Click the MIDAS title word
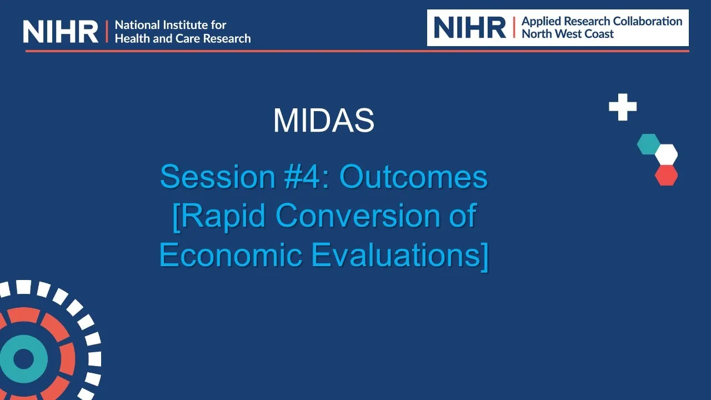(x=324, y=121)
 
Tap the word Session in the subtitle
(x=218, y=177)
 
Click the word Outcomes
(x=414, y=177)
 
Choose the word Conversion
(x=358, y=216)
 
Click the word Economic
(x=231, y=254)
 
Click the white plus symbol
(x=623, y=107)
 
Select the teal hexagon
(x=648, y=144)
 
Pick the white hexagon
(x=666, y=154)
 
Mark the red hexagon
(x=666, y=175)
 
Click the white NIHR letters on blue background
(x=61, y=32)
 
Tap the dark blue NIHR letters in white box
(x=470, y=27)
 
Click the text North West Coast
(x=568, y=34)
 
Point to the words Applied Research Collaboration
(x=602, y=21)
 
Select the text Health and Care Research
(x=183, y=39)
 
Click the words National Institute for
(x=171, y=25)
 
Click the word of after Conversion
(x=463, y=216)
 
